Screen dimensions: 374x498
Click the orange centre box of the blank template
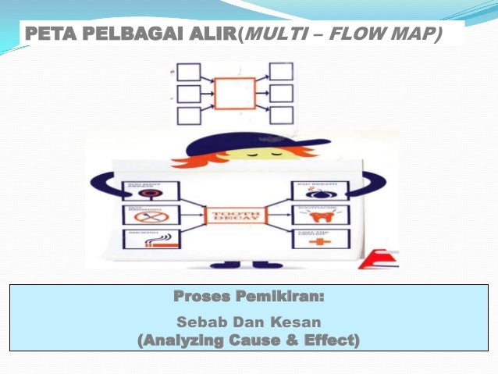click(234, 94)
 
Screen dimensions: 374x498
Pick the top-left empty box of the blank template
click(188, 72)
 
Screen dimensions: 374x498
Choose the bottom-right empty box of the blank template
click(281, 116)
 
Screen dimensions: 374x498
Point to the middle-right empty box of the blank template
click(281, 94)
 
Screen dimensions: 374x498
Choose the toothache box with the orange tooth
click(320, 214)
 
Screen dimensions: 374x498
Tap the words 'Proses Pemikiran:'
click(248, 297)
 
